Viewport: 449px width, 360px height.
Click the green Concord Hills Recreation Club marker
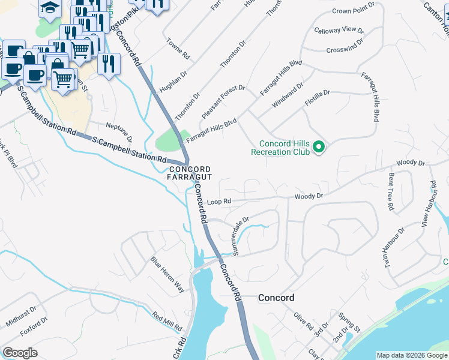(319, 147)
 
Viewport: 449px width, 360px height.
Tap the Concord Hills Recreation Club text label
(284, 148)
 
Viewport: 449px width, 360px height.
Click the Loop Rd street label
(218, 202)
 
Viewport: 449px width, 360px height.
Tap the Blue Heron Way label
(167, 274)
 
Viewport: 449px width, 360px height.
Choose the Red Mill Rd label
(167, 322)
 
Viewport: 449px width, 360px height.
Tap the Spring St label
(348, 322)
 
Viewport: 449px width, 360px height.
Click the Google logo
(20, 353)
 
